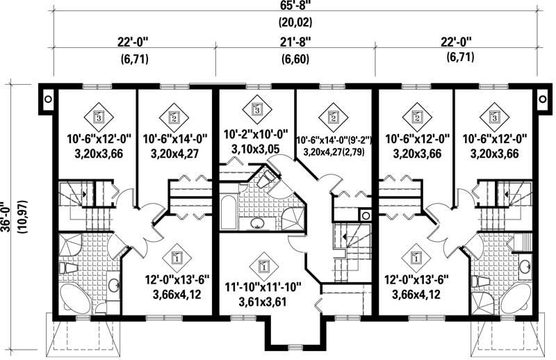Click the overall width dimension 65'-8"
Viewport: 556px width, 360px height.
tap(278, 8)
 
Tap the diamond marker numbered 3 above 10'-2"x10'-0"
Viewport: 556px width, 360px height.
tap(256, 108)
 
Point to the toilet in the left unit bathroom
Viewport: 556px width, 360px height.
tap(67, 268)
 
